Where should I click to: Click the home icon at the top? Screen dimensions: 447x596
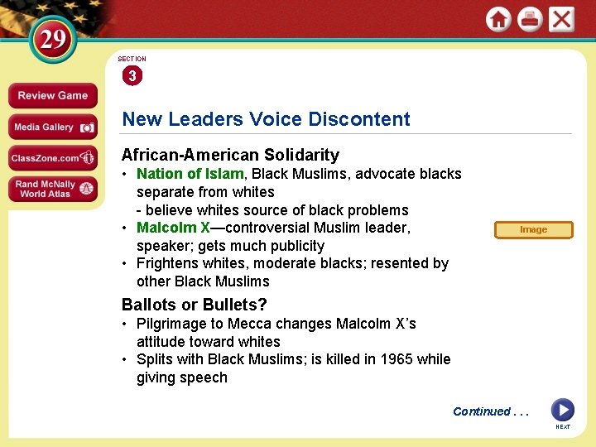click(x=498, y=19)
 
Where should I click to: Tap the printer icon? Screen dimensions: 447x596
click(x=530, y=19)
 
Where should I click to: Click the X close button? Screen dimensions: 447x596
click(x=561, y=19)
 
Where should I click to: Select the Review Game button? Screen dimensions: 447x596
click(x=52, y=96)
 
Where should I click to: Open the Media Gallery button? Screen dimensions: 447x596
click(x=52, y=127)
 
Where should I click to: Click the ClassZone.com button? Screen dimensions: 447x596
click(x=52, y=158)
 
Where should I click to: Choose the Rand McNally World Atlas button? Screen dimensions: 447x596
click(x=52, y=190)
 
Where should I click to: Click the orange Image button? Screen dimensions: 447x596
click(x=533, y=229)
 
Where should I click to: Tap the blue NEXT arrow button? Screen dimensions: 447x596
click(x=563, y=410)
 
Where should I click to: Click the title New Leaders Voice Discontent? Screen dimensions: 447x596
click(x=266, y=119)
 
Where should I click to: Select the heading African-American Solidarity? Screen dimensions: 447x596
click(x=230, y=155)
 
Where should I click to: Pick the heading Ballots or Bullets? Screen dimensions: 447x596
click(x=194, y=305)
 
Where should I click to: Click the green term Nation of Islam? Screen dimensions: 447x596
click(x=190, y=174)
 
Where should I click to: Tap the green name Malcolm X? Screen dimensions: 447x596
click(x=173, y=228)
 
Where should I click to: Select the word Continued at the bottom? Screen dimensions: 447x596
click(x=481, y=411)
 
